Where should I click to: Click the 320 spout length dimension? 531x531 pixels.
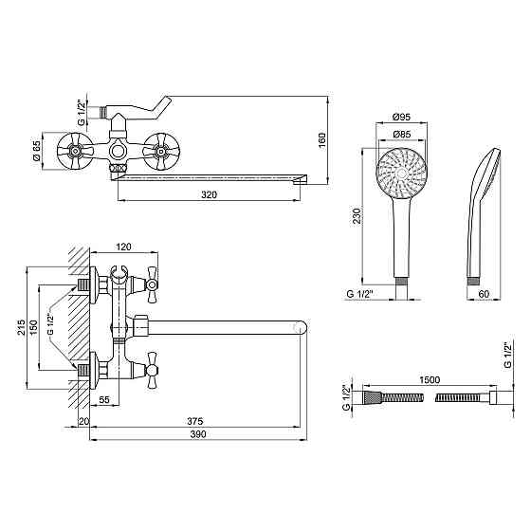point(209,194)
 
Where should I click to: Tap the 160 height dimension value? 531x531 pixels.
point(321,140)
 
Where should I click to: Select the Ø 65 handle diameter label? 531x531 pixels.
point(36,151)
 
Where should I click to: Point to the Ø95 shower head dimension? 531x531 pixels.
point(401,118)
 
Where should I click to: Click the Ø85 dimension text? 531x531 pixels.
point(402,134)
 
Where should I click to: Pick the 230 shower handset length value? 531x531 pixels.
point(357,216)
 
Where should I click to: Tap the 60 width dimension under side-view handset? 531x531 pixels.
point(485,294)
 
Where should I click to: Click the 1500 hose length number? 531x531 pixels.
point(430,380)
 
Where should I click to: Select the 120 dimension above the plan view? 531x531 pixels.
point(123,247)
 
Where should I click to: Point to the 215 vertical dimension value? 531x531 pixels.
point(22,327)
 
